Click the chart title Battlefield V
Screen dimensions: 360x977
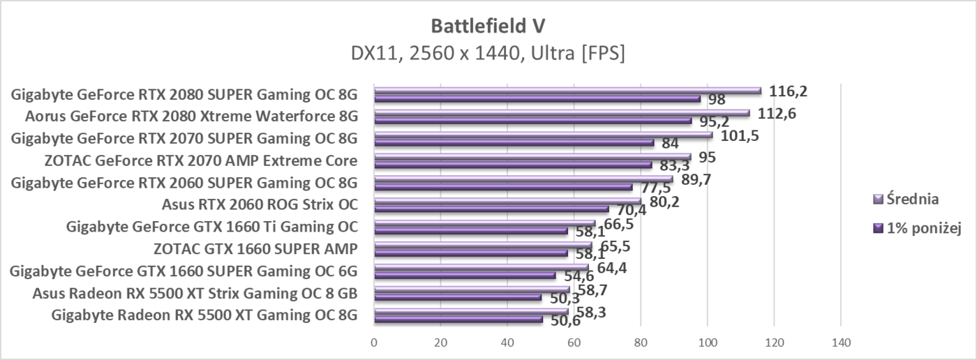point(488,26)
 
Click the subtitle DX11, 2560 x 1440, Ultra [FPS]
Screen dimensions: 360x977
point(488,53)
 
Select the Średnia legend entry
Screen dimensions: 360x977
point(911,199)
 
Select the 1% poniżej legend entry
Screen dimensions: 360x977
point(918,227)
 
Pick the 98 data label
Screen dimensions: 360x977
point(717,100)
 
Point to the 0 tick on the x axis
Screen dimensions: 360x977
point(374,343)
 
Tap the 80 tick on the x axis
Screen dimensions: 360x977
point(641,343)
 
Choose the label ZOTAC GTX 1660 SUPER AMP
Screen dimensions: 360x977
point(255,249)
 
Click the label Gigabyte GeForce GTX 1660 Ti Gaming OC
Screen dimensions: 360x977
point(211,227)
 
